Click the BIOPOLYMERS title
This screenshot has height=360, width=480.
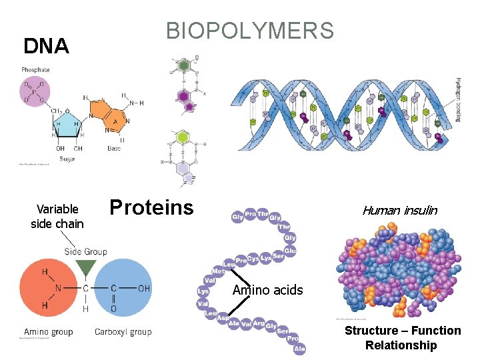click(250, 31)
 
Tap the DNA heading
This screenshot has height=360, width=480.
click(46, 46)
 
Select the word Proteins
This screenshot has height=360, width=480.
click(151, 207)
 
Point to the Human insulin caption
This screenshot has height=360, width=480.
click(399, 211)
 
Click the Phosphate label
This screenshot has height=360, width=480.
click(35, 70)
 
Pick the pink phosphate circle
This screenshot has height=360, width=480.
click(34, 91)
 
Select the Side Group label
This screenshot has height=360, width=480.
click(85, 251)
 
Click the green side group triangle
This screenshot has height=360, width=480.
click(85, 269)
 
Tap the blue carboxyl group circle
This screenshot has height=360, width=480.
click(123, 289)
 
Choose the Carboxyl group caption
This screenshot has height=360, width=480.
click(123, 332)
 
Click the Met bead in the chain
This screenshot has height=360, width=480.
click(218, 271)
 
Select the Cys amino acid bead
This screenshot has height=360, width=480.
click(253, 259)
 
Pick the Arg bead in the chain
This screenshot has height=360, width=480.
click(258, 323)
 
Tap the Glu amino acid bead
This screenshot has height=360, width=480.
click(290, 251)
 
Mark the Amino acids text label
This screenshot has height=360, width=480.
click(267, 290)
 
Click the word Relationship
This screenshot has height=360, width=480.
click(401, 345)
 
